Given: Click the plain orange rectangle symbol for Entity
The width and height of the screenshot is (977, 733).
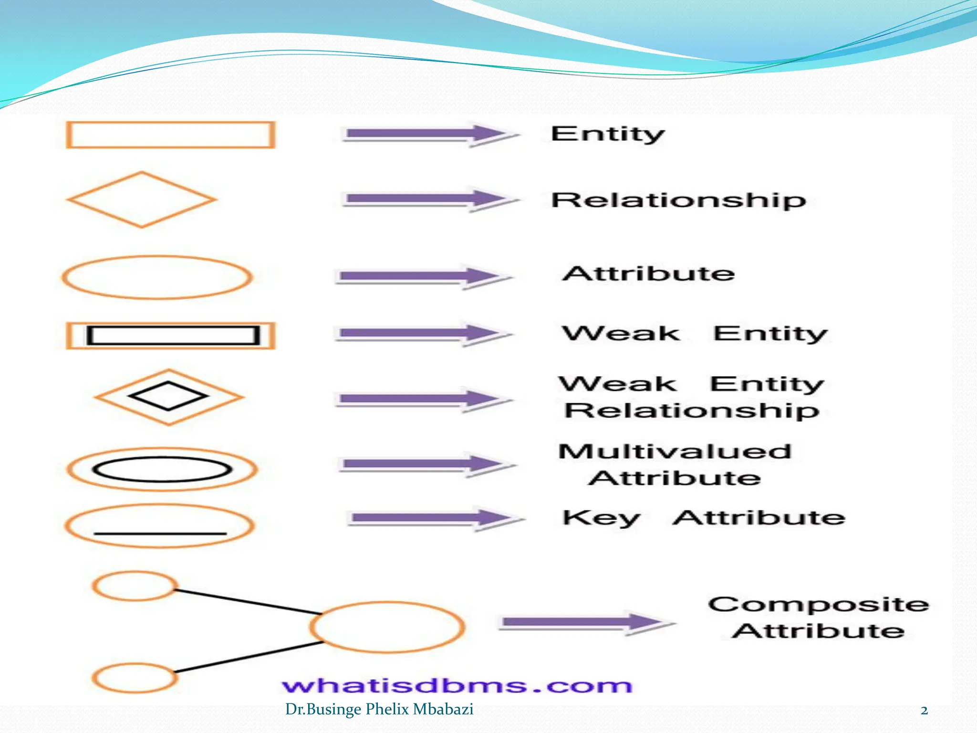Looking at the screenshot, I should pyautogui.click(x=170, y=135).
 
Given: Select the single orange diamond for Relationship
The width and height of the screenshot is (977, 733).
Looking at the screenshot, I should pyautogui.click(x=142, y=199).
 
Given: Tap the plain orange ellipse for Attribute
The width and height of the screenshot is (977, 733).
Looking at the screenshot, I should pyautogui.click(x=157, y=277).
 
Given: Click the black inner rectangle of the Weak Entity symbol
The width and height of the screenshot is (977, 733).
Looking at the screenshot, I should pyautogui.click(x=173, y=335).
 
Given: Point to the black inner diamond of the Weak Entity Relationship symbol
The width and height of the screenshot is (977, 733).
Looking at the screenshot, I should pyautogui.click(x=168, y=396).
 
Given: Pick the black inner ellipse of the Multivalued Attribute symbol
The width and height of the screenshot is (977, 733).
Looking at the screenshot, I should pyautogui.click(x=162, y=469).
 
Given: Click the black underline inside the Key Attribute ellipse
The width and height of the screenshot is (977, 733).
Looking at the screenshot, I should pyautogui.click(x=160, y=533).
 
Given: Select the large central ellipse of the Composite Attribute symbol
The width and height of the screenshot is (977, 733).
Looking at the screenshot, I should pyautogui.click(x=387, y=627).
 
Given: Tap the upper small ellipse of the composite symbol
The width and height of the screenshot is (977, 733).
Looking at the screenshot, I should pyautogui.click(x=135, y=586).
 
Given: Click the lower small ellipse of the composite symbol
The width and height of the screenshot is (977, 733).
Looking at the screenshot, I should pyautogui.click(x=135, y=678).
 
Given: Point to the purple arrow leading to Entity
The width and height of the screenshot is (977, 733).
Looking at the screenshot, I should pyautogui.click(x=429, y=134).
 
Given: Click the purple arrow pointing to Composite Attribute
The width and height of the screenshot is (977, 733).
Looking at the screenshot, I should pyautogui.click(x=587, y=622).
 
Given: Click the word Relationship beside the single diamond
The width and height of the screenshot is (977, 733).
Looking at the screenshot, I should pyautogui.click(x=678, y=200).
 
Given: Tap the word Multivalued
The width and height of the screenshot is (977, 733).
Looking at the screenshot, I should pyautogui.click(x=675, y=451).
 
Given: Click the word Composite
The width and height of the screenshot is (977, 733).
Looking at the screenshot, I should pyautogui.click(x=818, y=605).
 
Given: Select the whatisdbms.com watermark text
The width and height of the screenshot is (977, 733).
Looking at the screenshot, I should pyautogui.click(x=457, y=686).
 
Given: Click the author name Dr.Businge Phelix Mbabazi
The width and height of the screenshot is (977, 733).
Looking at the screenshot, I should pyautogui.click(x=379, y=709).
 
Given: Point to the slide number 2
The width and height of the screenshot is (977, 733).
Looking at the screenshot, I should pyautogui.click(x=924, y=711).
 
